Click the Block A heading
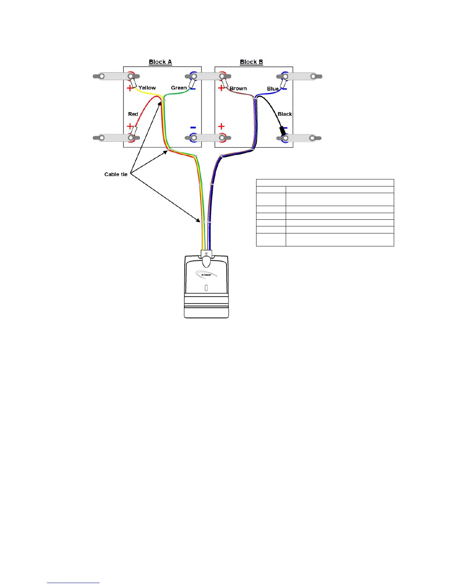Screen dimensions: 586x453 tap(160, 62)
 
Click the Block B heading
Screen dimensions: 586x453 tap(251, 62)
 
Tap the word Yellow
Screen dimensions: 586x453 tap(147, 88)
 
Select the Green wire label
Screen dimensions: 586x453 tap(179, 88)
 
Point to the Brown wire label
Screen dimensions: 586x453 tap(238, 88)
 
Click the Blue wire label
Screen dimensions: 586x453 tap(273, 89)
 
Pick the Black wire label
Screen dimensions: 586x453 tap(285, 114)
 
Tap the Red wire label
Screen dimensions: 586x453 tap(133, 114)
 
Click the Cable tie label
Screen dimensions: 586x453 tap(116, 174)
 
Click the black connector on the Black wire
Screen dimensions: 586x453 tap(283, 131)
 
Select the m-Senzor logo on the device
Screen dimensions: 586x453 tap(206, 275)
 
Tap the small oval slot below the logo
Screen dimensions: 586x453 tap(206, 288)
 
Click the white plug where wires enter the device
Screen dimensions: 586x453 tap(206, 255)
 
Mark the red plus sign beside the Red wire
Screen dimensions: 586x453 tap(130, 126)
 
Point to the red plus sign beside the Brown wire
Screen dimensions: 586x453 tap(221, 88)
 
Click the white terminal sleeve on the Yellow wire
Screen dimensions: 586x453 tap(133, 82)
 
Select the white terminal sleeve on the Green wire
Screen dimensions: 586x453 tap(192, 84)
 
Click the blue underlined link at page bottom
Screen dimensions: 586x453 tap(73, 583)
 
